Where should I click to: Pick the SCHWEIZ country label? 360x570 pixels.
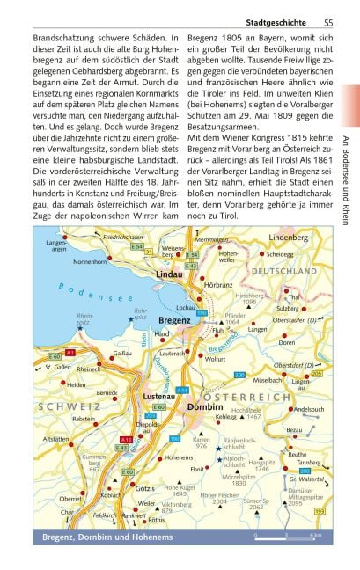pos(65,408)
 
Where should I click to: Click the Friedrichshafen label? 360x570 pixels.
pos(129,237)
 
